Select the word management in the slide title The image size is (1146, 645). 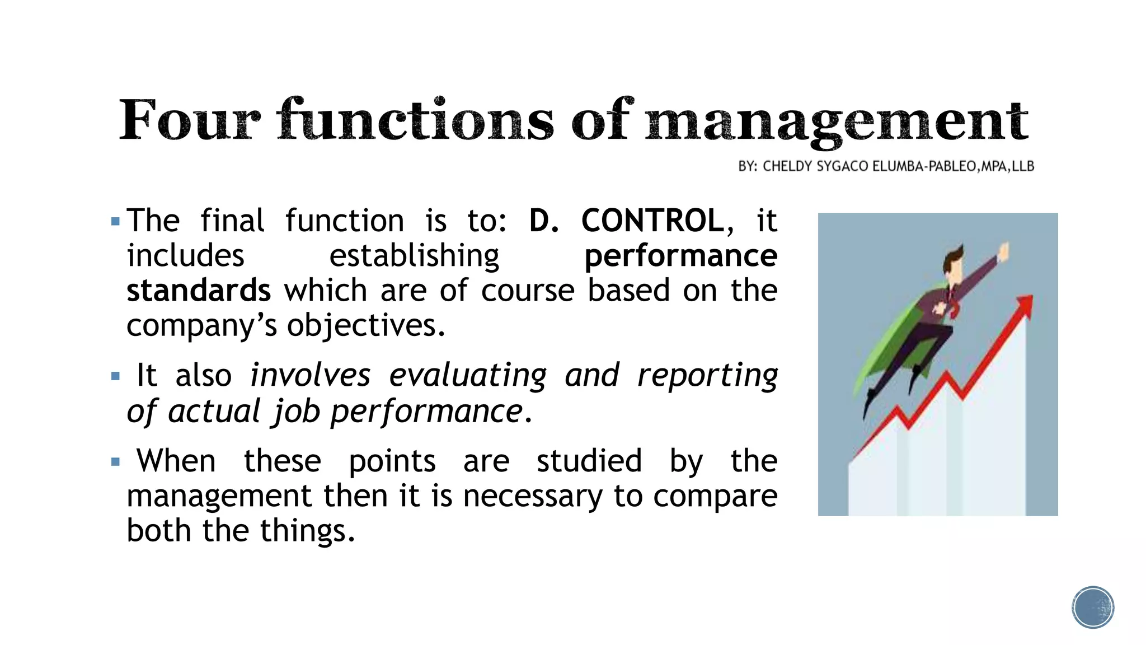click(x=837, y=121)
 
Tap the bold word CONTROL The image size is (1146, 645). click(x=652, y=221)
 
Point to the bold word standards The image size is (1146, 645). click(x=199, y=291)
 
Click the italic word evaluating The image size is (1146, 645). click(x=467, y=375)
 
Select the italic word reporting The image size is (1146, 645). click(x=707, y=375)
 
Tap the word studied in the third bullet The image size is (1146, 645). click(x=589, y=461)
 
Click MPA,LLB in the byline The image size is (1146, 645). click(x=1007, y=166)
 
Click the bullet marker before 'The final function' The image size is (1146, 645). click(x=116, y=222)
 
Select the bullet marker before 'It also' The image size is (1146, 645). click(x=116, y=376)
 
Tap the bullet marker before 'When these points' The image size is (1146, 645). click(x=116, y=462)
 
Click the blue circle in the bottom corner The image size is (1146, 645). click(x=1093, y=607)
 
